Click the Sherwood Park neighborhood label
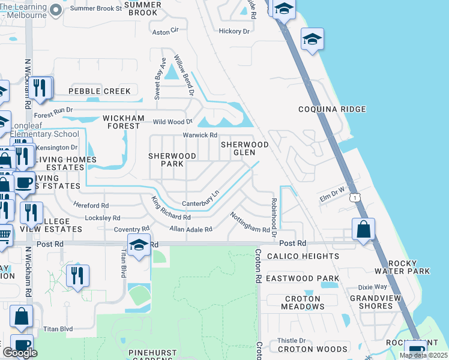click(x=172, y=160)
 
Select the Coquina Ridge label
click(x=333, y=109)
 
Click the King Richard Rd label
click(x=170, y=209)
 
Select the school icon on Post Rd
click(x=138, y=245)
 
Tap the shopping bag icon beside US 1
click(x=363, y=229)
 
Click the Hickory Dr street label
click(x=234, y=31)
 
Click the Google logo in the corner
click(x=20, y=352)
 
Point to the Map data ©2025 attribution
click(x=423, y=355)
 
